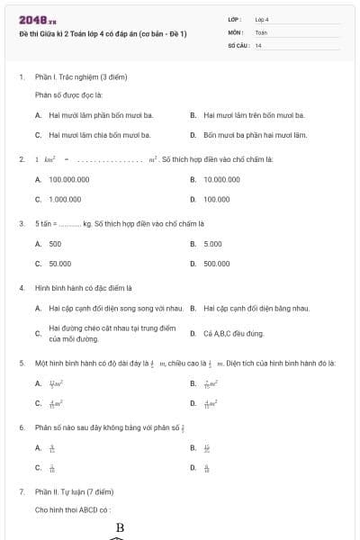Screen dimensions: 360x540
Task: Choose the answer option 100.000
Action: tap(216, 199)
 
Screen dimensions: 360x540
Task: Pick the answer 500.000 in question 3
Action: tap(216, 264)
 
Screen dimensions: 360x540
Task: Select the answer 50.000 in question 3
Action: tap(60, 264)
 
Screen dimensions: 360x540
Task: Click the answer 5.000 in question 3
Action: tap(212, 244)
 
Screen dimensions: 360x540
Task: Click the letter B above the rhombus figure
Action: tap(120, 527)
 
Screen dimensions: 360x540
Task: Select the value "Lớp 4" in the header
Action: tap(262, 19)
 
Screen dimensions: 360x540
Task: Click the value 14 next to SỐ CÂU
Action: tap(258, 45)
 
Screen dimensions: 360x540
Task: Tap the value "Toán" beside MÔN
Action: tap(261, 31)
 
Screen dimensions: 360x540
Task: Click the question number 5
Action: tap(22, 363)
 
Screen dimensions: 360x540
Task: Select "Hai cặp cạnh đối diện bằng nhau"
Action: tap(256, 309)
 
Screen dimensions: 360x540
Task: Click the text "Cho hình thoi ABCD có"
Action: tap(73, 509)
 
